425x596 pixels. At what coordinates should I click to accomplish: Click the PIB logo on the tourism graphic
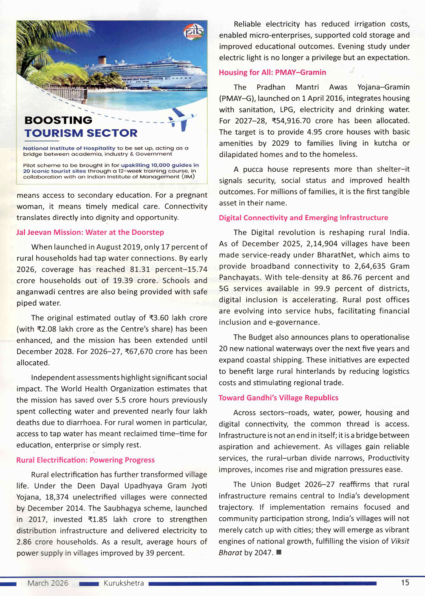tap(193, 32)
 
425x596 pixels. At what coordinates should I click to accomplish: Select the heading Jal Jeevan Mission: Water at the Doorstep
tap(90, 232)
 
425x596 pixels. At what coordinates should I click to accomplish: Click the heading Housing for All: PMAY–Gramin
tap(272, 72)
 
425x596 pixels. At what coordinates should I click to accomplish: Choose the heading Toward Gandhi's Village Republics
tap(278, 398)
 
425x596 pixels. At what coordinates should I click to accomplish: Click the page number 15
tap(405, 582)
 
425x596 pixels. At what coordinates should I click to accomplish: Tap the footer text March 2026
tap(48, 583)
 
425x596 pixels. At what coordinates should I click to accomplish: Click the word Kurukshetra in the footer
tap(124, 583)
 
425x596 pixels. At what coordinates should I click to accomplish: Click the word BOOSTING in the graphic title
tap(58, 120)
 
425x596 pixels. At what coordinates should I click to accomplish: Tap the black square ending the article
tap(279, 553)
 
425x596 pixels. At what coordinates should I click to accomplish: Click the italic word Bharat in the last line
tap(230, 553)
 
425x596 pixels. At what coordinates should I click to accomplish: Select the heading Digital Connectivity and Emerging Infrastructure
tap(303, 218)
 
